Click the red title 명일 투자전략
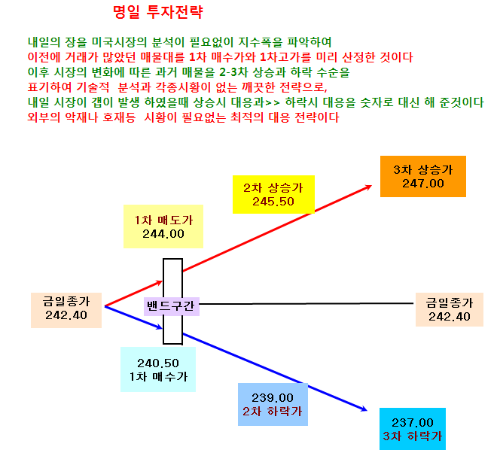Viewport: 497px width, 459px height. pyautogui.click(x=157, y=12)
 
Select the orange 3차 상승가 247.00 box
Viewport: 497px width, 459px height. pyautogui.click(x=423, y=176)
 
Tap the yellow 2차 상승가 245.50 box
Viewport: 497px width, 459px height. pyautogui.click(x=273, y=194)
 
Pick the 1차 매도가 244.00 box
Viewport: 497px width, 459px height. pyautogui.click(x=163, y=226)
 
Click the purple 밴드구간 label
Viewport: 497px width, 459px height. pyautogui.click(x=172, y=306)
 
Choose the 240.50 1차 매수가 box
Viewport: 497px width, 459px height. pyautogui.click(x=158, y=369)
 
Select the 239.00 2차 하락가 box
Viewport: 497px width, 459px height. pyautogui.click(x=273, y=404)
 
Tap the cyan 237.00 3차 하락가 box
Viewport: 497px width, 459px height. pyautogui.click(x=413, y=429)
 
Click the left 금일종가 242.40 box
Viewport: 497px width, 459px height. pyautogui.click(x=66, y=310)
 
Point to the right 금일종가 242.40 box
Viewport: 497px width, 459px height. pyautogui.click(x=450, y=309)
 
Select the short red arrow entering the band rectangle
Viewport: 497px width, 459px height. pyautogui.click(x=134, y=293)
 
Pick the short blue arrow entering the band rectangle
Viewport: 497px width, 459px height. pyautogui.click(x=134, y=318)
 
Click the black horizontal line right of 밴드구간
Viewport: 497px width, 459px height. pyautogui.click(x=306, y=304)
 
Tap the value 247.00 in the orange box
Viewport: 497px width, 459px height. pyautogui.click(x=423, y=184)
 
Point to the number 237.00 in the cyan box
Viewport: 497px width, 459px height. pyautogui.click(x=413, y=423)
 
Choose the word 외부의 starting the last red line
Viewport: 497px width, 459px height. pyautogui.click(x=44, y=117)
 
